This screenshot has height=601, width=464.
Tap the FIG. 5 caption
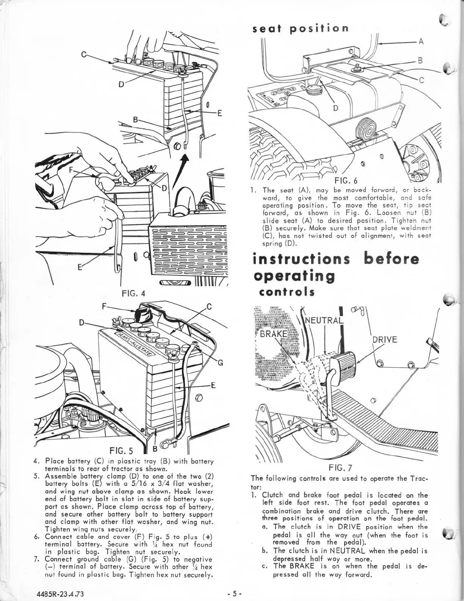(121, 451)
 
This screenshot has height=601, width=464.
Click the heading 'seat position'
(301, 28)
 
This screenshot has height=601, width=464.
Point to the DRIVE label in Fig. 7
(385, 339)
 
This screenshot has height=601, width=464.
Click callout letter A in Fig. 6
(420, 42)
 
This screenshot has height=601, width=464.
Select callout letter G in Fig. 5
(219, 361)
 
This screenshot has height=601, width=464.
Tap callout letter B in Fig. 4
(134, 121)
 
